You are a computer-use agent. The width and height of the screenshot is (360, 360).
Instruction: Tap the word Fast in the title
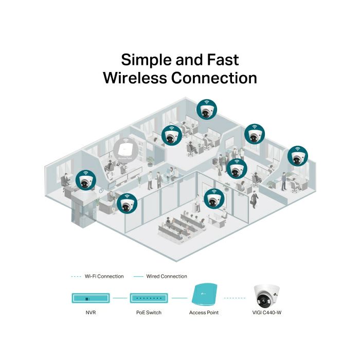coord(221,60)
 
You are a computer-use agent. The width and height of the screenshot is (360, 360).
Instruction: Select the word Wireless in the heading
coord(135,79)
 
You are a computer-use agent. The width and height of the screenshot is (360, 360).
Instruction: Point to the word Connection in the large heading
coord(214,79)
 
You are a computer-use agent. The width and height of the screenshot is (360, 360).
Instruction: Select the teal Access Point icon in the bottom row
coord(205,296)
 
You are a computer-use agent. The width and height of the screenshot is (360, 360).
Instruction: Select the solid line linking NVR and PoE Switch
coord(119,297)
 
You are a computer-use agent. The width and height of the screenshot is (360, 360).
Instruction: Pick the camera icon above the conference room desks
coord(213,198)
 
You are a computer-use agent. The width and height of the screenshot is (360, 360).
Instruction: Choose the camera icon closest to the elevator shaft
coord(86,180)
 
